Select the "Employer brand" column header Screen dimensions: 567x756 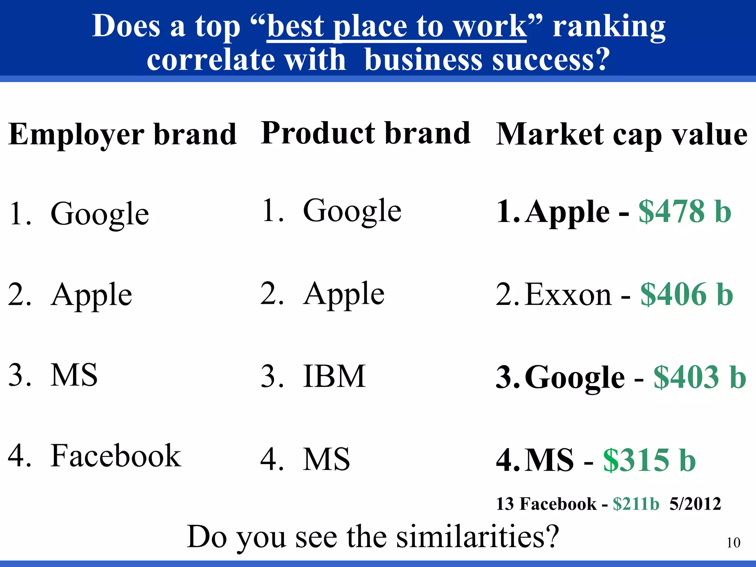tap(122, 135)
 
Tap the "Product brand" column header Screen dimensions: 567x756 tap(365, 133)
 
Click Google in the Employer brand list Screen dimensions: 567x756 tap(100, 214)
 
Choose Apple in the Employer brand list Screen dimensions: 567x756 tap(92, 295)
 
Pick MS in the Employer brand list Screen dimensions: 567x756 tap(74, 375)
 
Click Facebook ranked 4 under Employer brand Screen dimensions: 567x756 tap(116, 456)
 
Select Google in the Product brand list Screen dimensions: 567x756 tap(352, 211)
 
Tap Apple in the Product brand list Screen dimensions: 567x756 tap(344, 294)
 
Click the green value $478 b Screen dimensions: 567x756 tap(685, 212)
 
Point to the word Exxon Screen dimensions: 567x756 tap(568, 295)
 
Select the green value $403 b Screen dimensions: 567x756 tap(700, 377)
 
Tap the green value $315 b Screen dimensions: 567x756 tap(649, 460)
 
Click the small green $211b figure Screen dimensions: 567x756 tap(636, 504)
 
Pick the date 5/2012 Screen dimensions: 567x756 tap(695, 504)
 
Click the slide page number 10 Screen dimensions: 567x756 tap(733, 543)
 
